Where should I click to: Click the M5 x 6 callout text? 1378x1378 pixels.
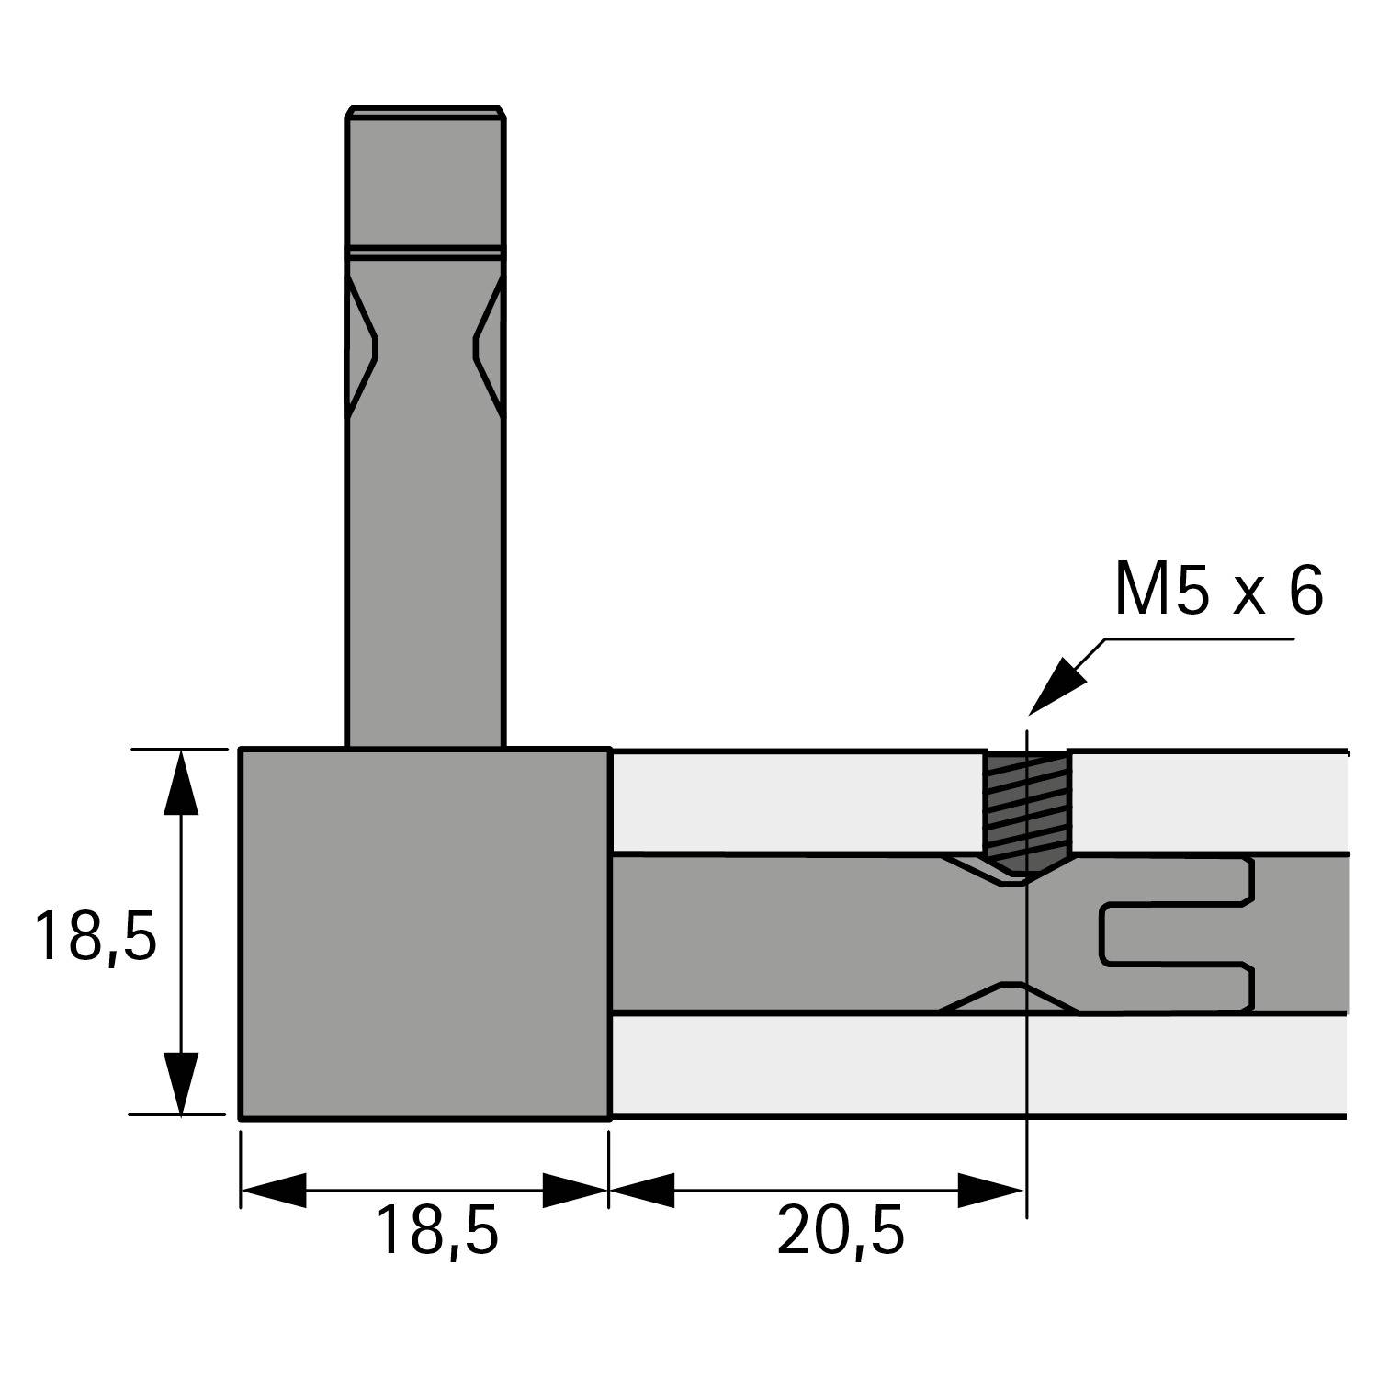[x=1218, y=591]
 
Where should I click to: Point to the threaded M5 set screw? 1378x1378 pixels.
[x=1027, y=808]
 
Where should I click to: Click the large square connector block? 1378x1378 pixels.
[x=424, y=933]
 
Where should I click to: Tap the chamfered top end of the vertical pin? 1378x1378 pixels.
[x=425, y=111]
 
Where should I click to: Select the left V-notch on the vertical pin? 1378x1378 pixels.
[x=363, y=347]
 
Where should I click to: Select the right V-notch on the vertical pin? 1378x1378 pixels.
[x=488, y=347]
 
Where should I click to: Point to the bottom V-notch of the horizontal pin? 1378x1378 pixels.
[x=1011, y=998]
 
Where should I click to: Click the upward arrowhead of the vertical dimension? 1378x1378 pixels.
[x=181, y=781]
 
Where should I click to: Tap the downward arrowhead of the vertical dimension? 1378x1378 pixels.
[x=181, y=1084]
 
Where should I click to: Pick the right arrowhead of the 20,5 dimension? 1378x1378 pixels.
[x=992, y=1191]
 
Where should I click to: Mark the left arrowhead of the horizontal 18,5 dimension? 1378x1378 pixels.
[x=273, y=1191]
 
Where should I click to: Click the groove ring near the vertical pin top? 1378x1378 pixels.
[x=425, y=250]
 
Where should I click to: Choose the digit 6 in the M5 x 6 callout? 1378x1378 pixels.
[x=1305, y=591]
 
